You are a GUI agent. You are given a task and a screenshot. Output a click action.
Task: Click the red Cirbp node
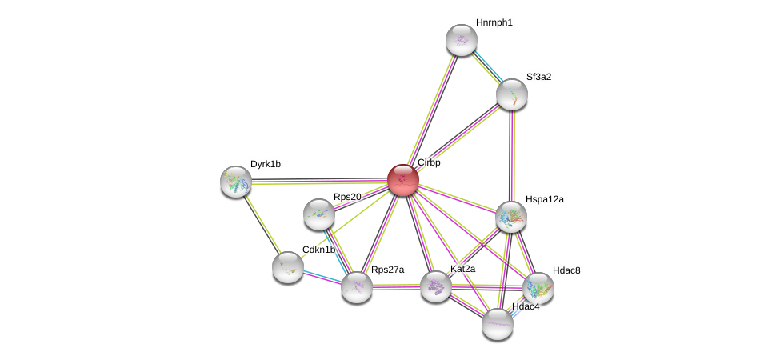point(402,180)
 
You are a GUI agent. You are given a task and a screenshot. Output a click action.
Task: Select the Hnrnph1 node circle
point(461,40)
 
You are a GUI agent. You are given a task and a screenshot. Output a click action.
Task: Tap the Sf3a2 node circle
point(511,94)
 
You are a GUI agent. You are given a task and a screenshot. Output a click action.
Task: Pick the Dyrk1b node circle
point(236,182)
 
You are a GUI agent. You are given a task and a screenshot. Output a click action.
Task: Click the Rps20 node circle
point(319,214)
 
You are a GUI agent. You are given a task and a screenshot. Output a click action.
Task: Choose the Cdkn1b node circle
point(287,267)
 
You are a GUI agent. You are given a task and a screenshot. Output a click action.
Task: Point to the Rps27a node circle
point(357,287)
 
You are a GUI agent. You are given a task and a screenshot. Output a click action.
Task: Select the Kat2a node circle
point(436,286)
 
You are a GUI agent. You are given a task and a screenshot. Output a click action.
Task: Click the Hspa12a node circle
point(510,216)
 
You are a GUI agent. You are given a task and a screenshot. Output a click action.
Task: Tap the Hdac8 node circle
point(538,288)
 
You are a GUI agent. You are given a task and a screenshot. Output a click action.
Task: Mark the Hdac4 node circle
point(498,323)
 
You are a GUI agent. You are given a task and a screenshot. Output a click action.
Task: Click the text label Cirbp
point(429,162)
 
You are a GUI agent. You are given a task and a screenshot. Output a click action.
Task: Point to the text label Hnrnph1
point(494,22)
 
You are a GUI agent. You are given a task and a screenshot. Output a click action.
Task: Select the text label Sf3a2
point(538,77)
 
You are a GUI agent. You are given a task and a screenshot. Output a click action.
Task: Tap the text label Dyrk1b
point(265,164)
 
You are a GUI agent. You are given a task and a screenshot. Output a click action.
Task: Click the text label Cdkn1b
point(318,250)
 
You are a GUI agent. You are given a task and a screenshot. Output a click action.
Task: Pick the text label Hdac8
point(566,270)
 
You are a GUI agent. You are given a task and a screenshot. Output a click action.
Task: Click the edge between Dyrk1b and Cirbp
point(320,181)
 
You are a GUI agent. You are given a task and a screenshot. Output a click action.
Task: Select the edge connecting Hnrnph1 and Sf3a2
point(486,67)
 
